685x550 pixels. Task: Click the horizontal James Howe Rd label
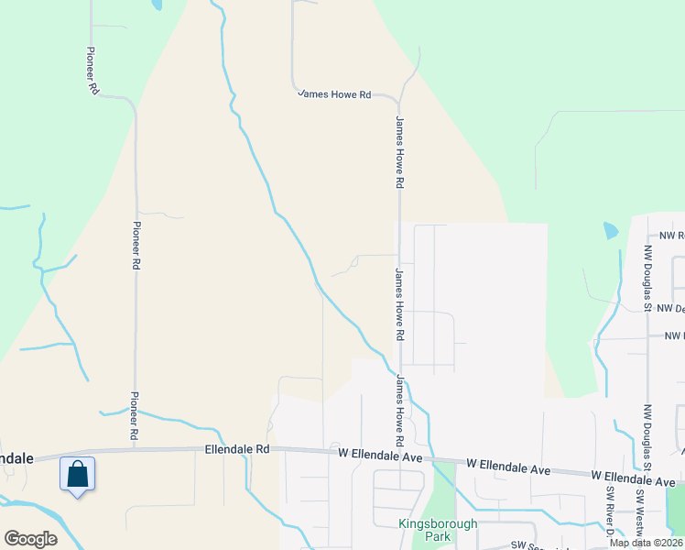point(334,94)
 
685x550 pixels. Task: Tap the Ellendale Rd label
point(237,449)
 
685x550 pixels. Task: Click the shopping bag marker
point(78,475)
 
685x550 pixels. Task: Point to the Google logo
point(29,539)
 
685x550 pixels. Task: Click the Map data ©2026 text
point(646,543)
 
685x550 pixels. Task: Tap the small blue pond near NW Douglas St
point(611,231)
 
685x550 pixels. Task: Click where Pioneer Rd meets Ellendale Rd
point(136,449)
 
